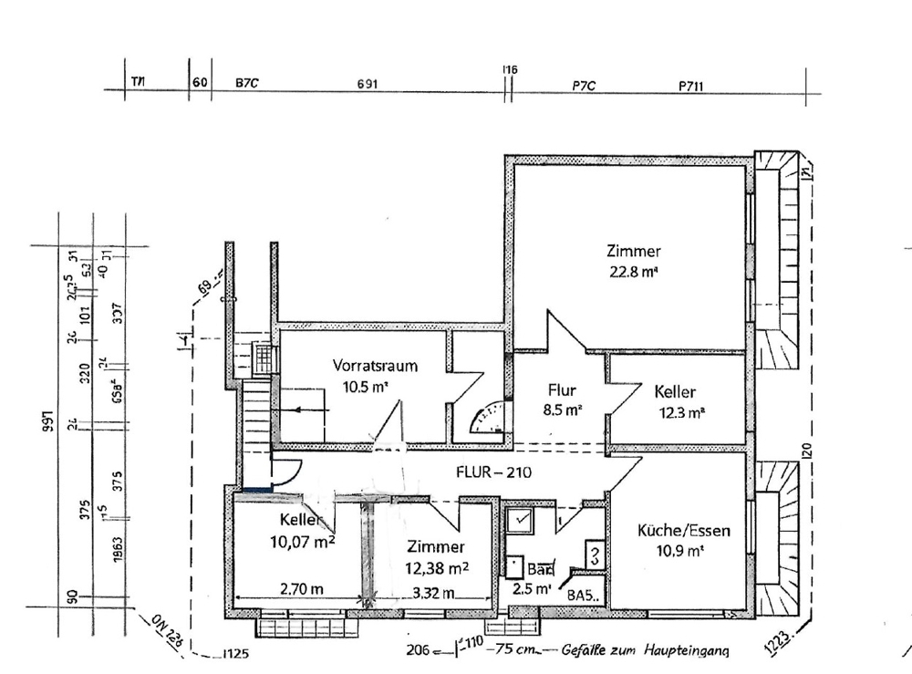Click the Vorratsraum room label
point(375,366)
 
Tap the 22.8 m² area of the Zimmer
point(633,270)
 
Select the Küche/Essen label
point(685,530)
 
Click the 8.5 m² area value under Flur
point(561,410)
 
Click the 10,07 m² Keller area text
point(300,544)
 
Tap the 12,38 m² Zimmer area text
point(436,567)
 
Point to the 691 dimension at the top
point(367,84)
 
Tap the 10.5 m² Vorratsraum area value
point(366,386)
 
